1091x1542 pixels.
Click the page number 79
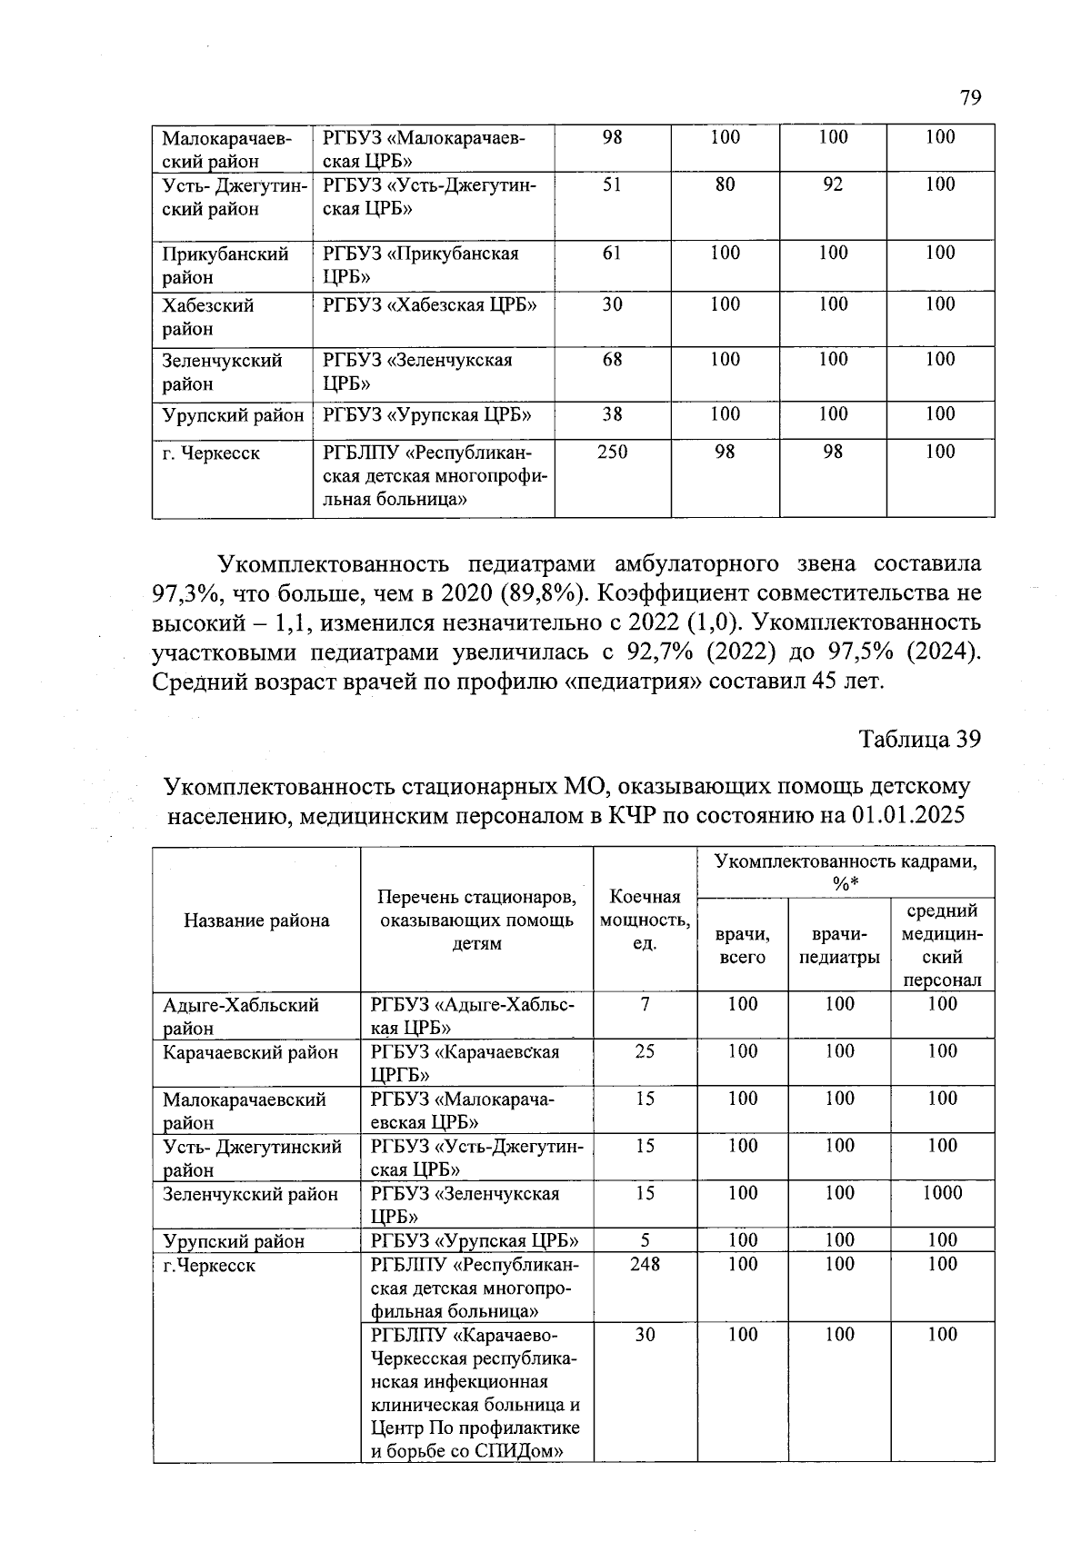click(x=970, y=98)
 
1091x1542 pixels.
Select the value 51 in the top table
click(x=612, y=184)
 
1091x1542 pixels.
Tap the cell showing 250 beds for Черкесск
click(x=612, y=452)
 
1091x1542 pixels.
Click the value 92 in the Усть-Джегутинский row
click(x=832, y=184)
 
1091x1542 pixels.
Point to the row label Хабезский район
click(x=207, y=316)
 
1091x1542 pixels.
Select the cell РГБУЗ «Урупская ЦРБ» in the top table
click(x=427, y=415)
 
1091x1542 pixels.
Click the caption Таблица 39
click(x=920, y=739)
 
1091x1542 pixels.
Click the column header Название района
click(x=256, y=920)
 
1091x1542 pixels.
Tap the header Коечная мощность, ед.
click(x=645, y=920)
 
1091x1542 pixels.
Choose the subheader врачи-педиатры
click(x=839, y=945)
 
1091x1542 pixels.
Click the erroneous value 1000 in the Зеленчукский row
click(x=942, y=1193)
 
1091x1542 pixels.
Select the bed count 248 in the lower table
click(x=645, y=1264)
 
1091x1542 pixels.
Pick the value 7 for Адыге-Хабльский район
click(x=645, y=1004)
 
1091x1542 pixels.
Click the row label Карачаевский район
click(x=250, y=1051)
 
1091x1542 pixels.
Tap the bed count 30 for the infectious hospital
click(x=645, y=1335)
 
